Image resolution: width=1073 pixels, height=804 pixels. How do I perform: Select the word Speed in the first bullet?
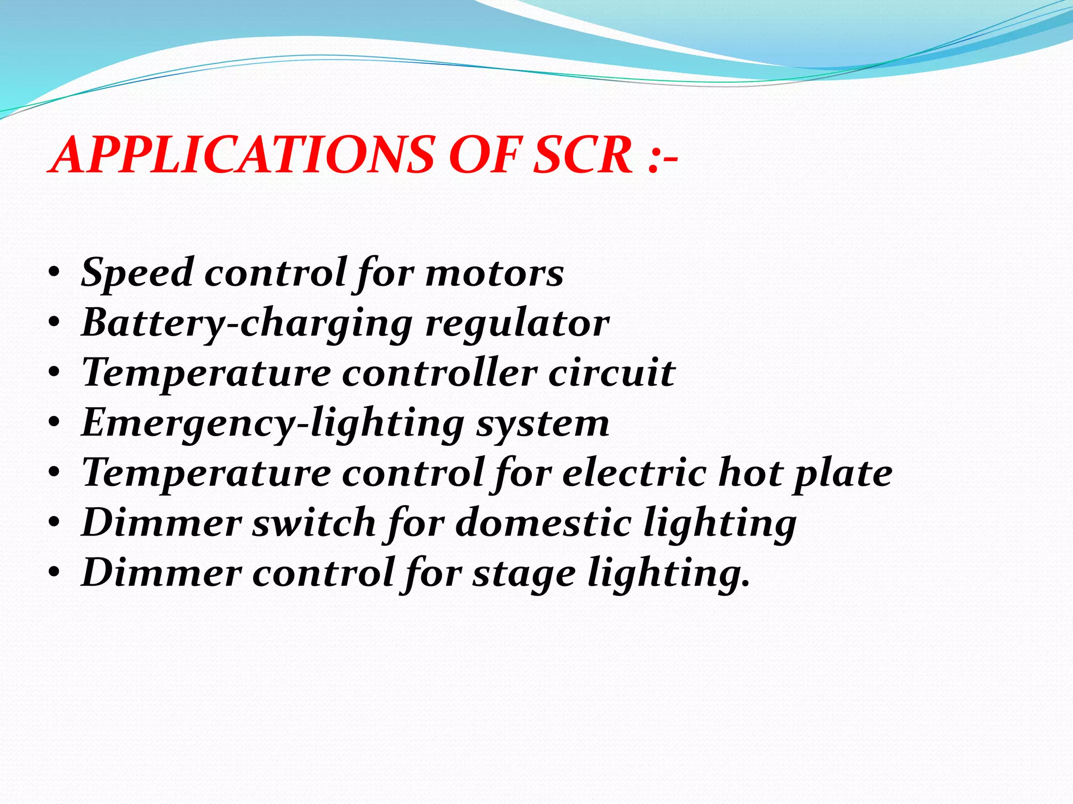137,273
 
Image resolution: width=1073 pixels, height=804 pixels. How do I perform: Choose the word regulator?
518,323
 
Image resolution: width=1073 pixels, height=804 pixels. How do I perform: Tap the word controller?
440,373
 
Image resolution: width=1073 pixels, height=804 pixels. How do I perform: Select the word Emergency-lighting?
272,423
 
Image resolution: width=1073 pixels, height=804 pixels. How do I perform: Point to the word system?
543,423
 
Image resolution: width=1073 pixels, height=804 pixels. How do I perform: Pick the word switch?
314,523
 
